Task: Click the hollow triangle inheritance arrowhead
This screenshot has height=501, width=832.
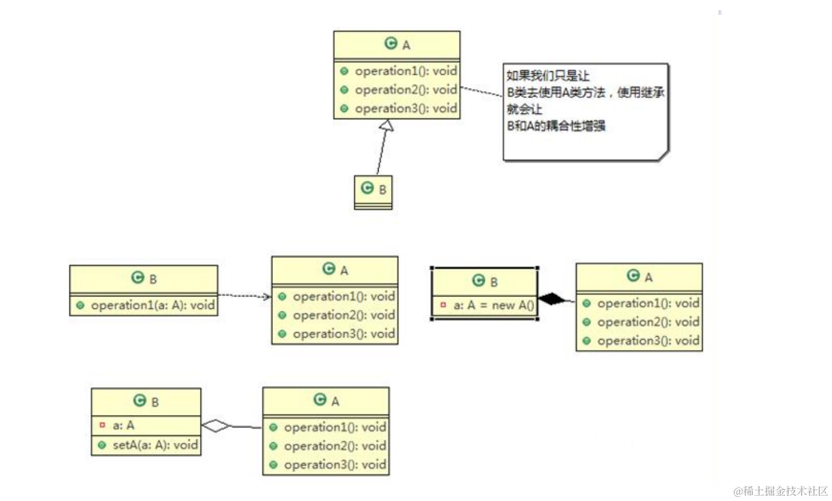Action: (386, 125)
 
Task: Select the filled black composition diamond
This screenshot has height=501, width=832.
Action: (552, 299)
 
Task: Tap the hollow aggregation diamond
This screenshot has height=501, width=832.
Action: (215, 425)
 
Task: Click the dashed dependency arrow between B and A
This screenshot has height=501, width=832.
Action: (244, 295)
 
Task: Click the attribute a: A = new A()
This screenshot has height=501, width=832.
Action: (493, 305)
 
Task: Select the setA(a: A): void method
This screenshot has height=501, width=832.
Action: (155, 445)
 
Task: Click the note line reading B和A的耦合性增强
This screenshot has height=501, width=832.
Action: (556, 126)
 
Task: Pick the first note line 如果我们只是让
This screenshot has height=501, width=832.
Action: (547, 75)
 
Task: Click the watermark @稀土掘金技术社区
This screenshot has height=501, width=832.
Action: (780, 491)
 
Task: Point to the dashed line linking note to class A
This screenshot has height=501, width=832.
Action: (481, 92)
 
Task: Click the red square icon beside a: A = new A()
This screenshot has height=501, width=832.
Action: (443, 305)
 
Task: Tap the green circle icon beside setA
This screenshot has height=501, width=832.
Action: (102, 445)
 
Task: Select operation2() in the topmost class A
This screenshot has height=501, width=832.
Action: (405, 90)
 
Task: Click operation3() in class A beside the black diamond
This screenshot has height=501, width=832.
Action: (647, 340)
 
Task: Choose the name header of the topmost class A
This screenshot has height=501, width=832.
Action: (397, 44)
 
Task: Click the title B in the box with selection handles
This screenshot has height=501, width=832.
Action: (485, 281)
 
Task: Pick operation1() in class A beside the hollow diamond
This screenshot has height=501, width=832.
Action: (334, 427)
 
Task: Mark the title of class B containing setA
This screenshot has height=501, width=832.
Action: (146, 401)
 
